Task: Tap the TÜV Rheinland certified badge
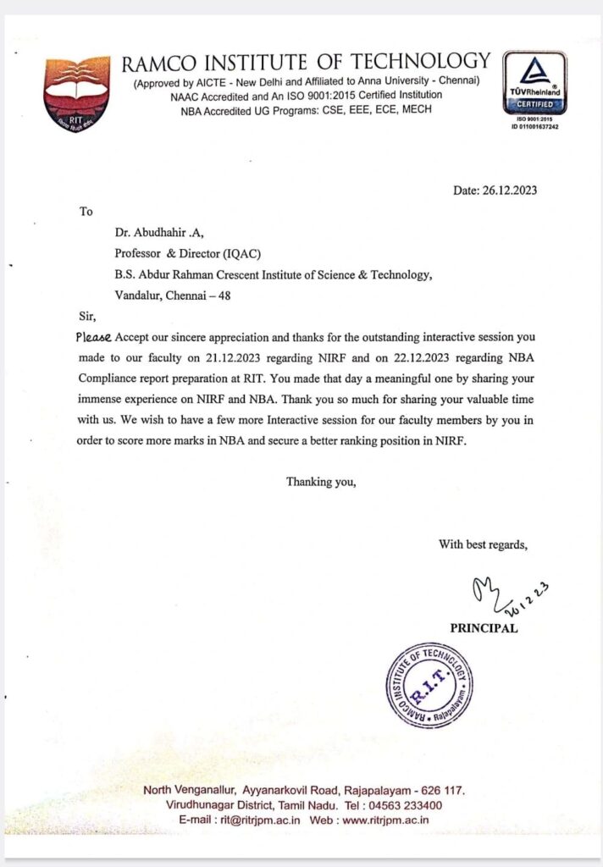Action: (x=534, y=84)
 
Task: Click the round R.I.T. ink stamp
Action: (x=429, y=685)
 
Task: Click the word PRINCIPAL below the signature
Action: (x=483, y=628)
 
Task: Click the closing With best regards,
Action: (x=483, y=544)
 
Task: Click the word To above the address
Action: (x=86, y=212)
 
